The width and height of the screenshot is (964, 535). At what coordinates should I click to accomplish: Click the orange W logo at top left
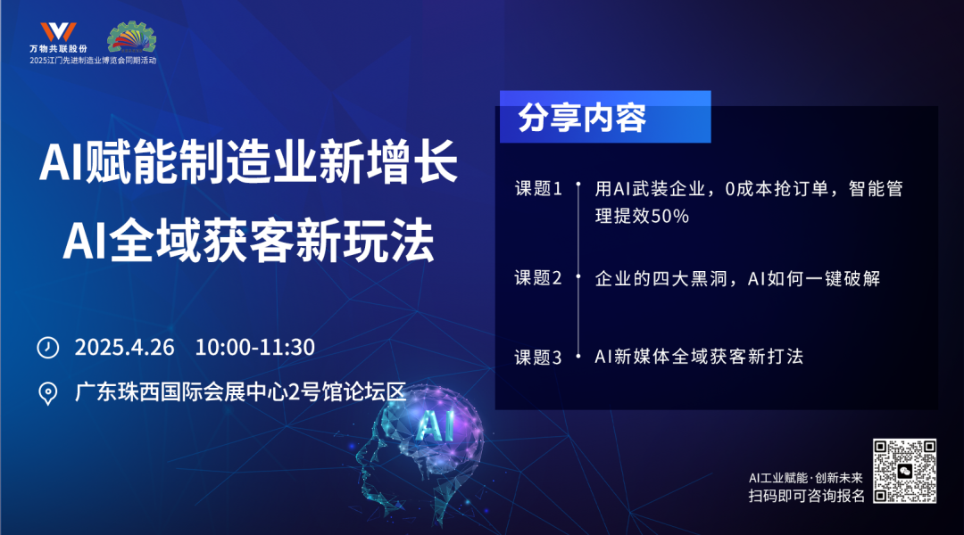[x=58, y=32]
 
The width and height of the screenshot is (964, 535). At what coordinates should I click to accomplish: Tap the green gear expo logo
[x=131, y=37]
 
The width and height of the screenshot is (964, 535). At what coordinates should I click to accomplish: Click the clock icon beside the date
[x=48, y=347]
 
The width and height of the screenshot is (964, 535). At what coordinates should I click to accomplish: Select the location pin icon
[x=48, y=393]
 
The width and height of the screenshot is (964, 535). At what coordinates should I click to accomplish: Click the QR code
[x=904, y=471]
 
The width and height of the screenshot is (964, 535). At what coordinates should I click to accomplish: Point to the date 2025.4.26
[x=125, y=347]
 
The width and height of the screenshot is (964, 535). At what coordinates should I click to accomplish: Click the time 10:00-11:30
[x=255, y=347]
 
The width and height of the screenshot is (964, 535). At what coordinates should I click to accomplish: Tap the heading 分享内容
[x=582, y=118]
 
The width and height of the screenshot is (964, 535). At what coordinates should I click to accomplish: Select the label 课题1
[x=538, y=188]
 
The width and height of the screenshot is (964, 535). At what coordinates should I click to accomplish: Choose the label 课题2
[x=538, y=277]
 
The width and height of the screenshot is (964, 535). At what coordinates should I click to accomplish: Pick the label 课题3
[x=538, y=357]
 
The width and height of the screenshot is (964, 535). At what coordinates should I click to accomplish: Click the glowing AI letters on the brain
[x=436, y=425]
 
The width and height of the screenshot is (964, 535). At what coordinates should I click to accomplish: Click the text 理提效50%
[x=642, y=216]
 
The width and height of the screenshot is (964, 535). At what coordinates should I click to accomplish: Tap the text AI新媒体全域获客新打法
[x=699, y=357]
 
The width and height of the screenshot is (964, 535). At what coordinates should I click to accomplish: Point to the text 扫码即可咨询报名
[x=807, y=496]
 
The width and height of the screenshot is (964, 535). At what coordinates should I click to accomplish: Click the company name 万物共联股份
[x=58, y=48]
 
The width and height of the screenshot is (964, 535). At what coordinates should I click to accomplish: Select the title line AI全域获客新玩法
[x=249, y=242]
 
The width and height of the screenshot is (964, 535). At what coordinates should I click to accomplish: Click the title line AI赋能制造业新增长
[x=248, y=161]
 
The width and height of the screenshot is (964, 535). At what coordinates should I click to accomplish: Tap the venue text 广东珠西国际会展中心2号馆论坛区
[x=241, y=391]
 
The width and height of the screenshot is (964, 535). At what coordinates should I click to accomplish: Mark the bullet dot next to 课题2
[x=578, y=277]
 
